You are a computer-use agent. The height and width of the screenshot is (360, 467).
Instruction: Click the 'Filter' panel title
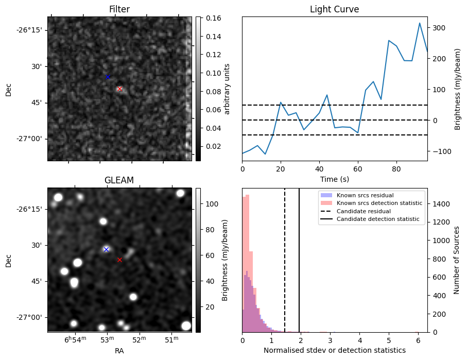click(x=119, y=9)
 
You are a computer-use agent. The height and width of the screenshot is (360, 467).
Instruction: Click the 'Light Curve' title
click(x=334, y=9)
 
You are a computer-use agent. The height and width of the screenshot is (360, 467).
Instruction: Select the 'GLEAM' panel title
click(x=119, y=180)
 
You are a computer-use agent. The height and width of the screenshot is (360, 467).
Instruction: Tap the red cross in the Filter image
click(x=119, y=89)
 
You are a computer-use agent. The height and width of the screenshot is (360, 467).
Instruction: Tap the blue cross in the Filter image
click(x=108, y=77)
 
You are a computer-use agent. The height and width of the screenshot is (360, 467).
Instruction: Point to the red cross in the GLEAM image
click(x=119, y=260)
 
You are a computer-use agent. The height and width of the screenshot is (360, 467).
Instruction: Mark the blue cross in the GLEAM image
click(x=106, y=249)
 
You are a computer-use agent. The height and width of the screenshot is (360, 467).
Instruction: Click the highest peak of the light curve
click(x=420, y=23)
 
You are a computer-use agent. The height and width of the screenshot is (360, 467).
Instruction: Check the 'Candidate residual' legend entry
click(x=364, y=211)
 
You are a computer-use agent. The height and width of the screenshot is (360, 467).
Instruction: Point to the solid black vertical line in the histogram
click(x=299, y=268)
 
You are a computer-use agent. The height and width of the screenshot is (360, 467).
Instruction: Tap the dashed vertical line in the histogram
click(x=285, y=268)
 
